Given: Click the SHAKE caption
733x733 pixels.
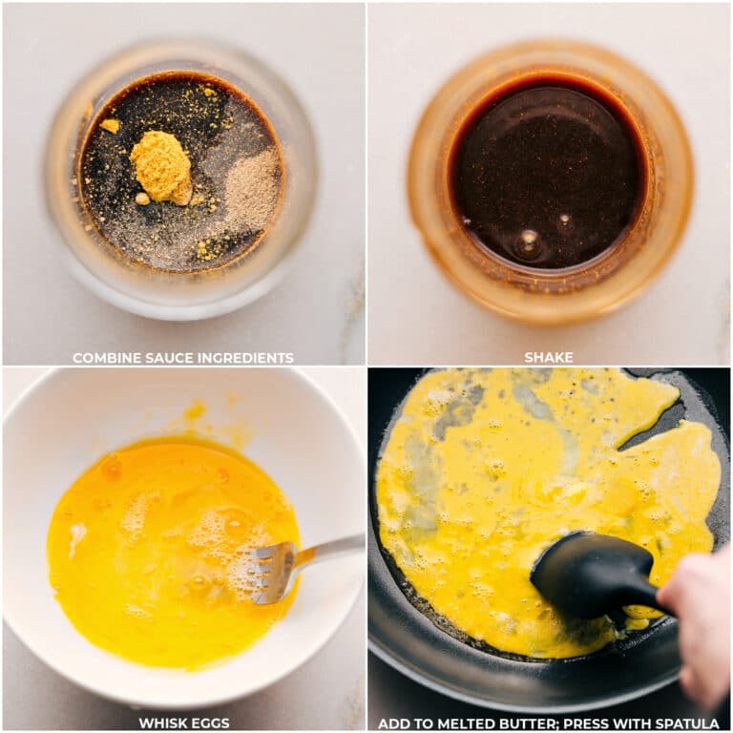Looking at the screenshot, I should coord(549,358).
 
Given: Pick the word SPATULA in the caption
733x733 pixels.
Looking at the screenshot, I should coord(685,723).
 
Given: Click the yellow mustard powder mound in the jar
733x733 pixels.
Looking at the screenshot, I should coord(161,167).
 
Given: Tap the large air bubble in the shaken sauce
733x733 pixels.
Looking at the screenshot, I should coord(527,243).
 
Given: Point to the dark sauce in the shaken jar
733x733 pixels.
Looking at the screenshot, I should coord(549,172).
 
